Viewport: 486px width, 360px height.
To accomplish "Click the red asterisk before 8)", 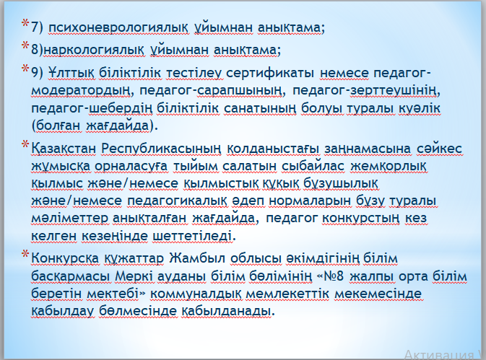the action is [x=25, y=46].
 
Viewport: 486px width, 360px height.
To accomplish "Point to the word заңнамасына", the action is [x=368, y=149].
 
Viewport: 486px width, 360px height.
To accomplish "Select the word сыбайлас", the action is [x=313, y=167].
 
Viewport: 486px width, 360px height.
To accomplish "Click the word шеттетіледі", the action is [x=194, y=237].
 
